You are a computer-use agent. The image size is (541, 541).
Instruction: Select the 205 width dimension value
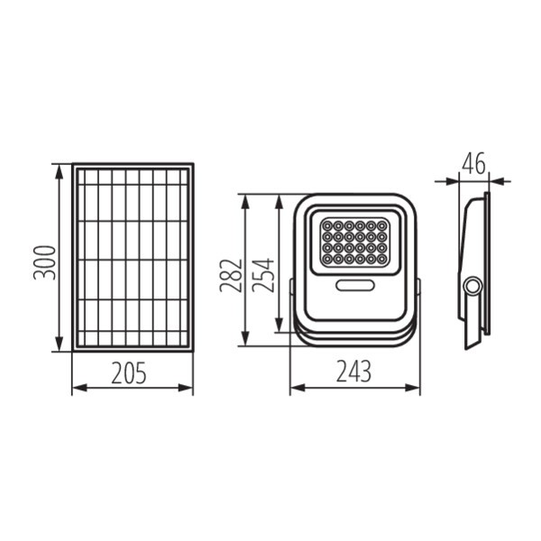129,373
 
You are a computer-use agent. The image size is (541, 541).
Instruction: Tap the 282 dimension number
231,275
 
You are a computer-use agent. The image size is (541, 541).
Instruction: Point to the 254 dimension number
263,275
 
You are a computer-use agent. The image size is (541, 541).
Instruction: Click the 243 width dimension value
353,371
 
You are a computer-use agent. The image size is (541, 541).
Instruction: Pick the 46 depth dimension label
473,163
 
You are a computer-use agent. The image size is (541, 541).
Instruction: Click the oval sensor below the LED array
354,285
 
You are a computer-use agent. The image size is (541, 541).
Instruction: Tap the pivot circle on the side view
472,286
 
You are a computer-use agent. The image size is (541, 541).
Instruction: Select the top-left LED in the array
327,226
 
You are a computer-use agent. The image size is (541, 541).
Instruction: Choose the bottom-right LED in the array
381,259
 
